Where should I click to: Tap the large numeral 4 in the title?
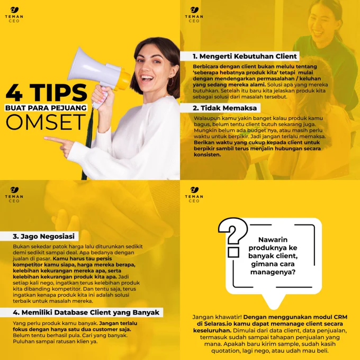point(14,93)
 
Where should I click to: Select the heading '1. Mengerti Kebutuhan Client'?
point(245,56)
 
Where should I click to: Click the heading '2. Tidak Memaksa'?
point(225,108)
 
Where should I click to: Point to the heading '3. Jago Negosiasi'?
point(43,236)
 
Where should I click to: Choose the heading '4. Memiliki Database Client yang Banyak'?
point(86,312)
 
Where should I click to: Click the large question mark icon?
point(232,237)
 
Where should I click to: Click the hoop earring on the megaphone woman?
point(171,82)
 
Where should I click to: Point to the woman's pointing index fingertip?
point(45,138)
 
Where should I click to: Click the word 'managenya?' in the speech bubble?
point(273,273)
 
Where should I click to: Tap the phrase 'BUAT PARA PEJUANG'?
point(46,108)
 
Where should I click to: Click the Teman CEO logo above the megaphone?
point(14,15)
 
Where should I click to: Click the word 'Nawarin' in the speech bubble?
point(273,240)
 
